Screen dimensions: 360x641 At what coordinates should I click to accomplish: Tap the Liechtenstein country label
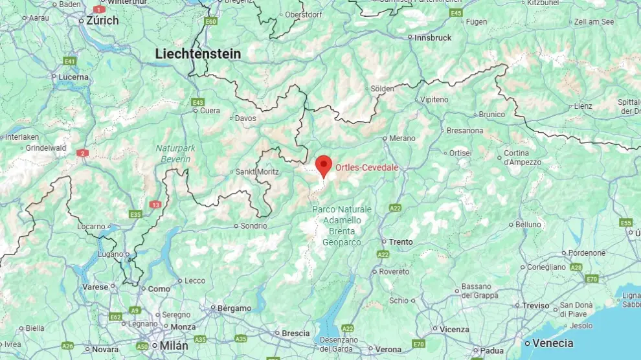[197, 54]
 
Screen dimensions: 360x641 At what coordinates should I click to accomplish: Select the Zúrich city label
[102, 21]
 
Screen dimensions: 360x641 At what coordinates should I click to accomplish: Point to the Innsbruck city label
[433, 38]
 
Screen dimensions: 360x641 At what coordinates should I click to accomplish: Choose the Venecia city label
[552, 343]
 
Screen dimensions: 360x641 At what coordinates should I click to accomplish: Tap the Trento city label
[400, 242]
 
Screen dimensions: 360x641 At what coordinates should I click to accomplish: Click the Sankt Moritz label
[257, 172]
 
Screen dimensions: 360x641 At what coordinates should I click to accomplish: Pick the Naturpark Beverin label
[173, 154]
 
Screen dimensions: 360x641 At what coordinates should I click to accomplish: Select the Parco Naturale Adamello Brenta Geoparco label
[342, 225]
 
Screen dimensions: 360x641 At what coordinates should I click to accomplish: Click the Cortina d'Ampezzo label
[521, 157]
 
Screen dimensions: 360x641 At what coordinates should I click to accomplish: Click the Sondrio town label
[253, 226]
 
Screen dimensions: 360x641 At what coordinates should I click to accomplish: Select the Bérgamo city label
[234, 308]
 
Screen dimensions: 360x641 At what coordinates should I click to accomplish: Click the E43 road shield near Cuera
[198, 102]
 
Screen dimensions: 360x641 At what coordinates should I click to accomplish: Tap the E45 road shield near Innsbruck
[456, 13]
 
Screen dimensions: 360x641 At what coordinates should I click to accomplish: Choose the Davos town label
[245, 118]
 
